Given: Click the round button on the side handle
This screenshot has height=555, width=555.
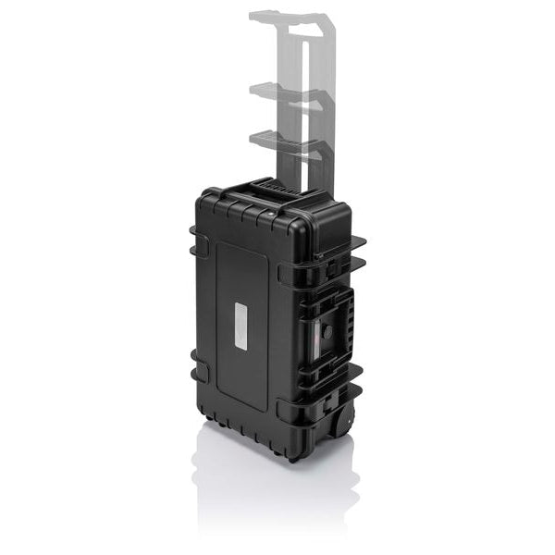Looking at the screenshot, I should tap(327, 330).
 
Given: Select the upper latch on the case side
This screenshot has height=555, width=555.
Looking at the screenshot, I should tap(332, 267).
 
